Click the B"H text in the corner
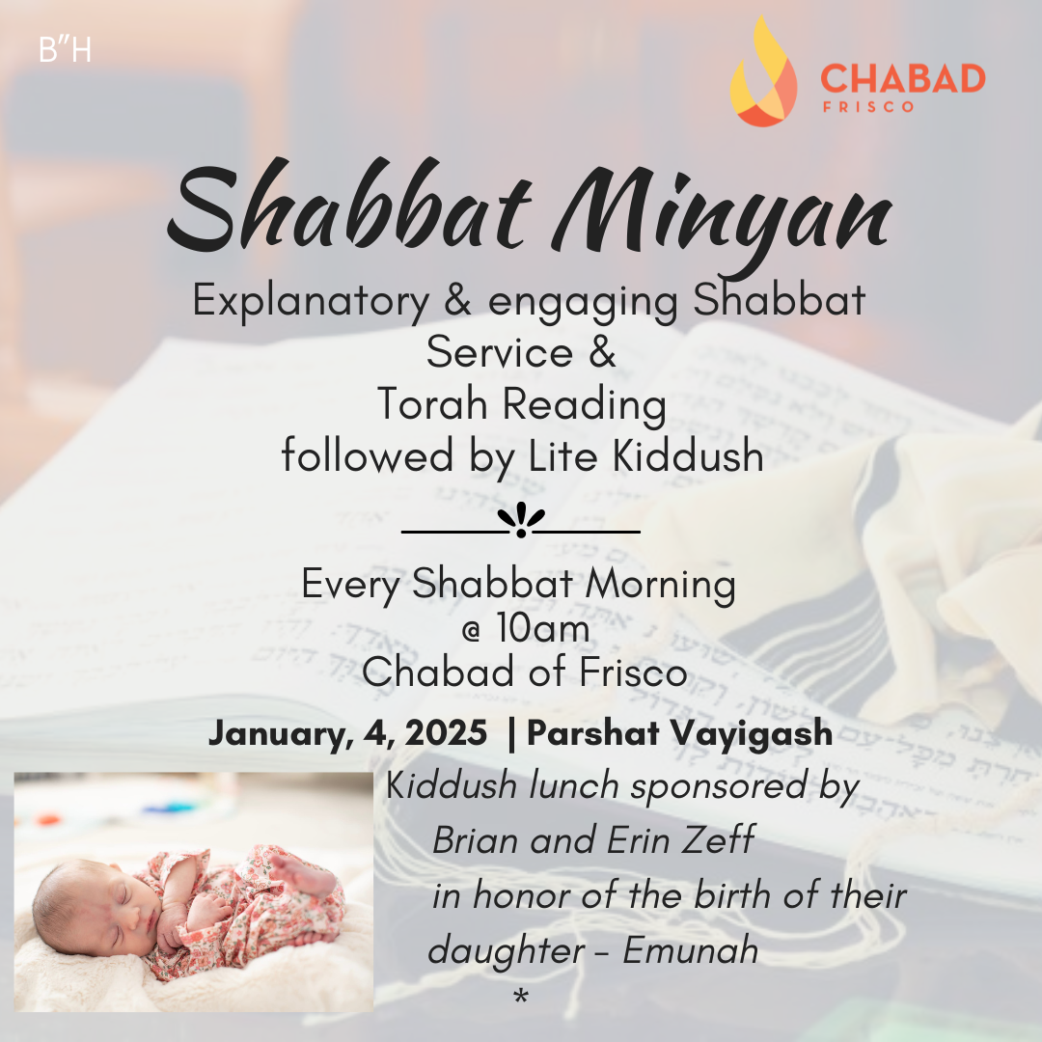click(x=65, y=50)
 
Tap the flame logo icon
click(x=763, y=71)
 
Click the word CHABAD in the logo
click(x=902, y=78)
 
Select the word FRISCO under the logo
click(x=868, y=106)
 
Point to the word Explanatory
click(x=311, y=301)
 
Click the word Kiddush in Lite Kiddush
click(x=688, y=455)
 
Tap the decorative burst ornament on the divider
click(x=521, y=519)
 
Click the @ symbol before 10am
click(x=471, y=632)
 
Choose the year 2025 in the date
click(x=446, y=733)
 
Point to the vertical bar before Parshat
click(x=511, y=734)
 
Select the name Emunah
click(x=691, y=949)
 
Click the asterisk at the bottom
click(x=521, y=996)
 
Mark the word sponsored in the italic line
click(x=719, y=787)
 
